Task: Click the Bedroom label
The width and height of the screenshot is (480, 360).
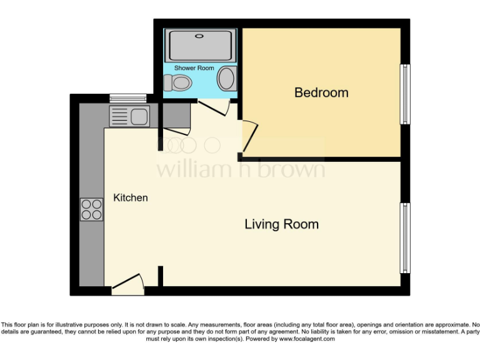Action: tap(321, 92)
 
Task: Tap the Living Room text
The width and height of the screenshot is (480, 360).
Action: tap(281, 224)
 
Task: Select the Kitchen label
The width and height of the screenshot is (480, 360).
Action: tap(131, 197)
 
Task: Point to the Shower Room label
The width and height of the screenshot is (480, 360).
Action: tap(194, 67)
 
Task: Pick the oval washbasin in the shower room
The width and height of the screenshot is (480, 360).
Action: tap(226, 79)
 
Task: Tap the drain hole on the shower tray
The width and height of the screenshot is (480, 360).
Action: tap(199, 36)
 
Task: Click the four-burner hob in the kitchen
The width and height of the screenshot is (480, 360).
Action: tap(91, 209)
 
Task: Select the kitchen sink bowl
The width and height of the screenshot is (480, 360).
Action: tap(139, 116)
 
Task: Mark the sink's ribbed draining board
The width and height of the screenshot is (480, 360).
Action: tap(120, 116)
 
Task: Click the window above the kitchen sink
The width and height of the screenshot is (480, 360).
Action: tap(127, 97)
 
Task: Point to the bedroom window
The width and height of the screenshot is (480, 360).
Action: tap(405, 94)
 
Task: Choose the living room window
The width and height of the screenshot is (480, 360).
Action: tap(405, 237)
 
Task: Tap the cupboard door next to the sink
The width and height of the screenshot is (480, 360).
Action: tap(176, 131)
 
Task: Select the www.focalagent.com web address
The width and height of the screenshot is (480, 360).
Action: tap(307, 339)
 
